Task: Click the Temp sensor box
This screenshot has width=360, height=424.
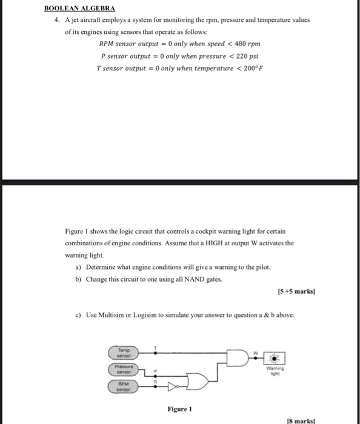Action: [123, 352]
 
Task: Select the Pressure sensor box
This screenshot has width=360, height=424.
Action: [123, 368]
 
